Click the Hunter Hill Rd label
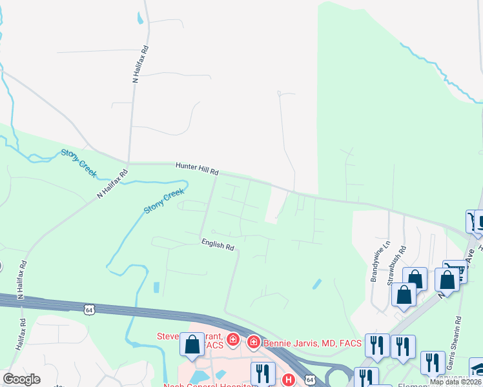[197, 169]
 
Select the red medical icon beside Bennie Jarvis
[254, 340]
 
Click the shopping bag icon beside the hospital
[192, 344]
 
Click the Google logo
[22, 379]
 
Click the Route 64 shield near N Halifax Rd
[88, 310]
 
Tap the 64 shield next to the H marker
[310, 381]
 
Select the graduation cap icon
[478, 369]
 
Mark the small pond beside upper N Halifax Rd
[140, 19]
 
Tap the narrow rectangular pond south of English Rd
[156, 288]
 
